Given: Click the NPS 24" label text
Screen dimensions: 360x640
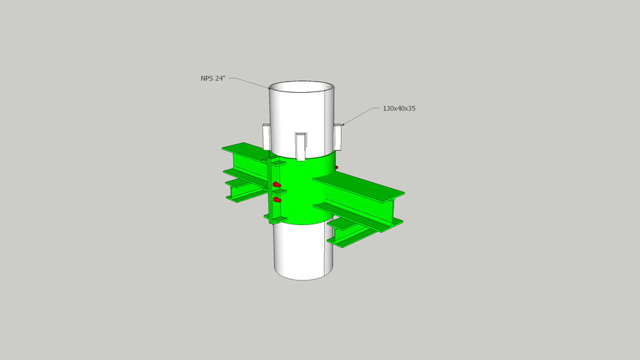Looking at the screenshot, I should coord(212,78).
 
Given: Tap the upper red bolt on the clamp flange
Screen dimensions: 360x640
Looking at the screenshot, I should coord(276,186).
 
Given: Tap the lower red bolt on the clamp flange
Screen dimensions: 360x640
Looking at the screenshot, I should coord(276,201).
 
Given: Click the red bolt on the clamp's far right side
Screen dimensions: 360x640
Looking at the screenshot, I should coord(337,168).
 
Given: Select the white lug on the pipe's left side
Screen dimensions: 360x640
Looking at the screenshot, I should coord(266,136).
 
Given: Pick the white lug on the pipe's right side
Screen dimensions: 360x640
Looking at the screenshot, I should coord(338,136).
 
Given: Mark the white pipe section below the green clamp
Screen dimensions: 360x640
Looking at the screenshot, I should coord(299,253).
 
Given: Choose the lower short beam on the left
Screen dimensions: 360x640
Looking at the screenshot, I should coord(243,188).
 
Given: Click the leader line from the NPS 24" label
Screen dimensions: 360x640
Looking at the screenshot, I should coord(250,81).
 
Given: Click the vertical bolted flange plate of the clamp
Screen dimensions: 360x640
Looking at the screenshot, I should coord(269,190).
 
